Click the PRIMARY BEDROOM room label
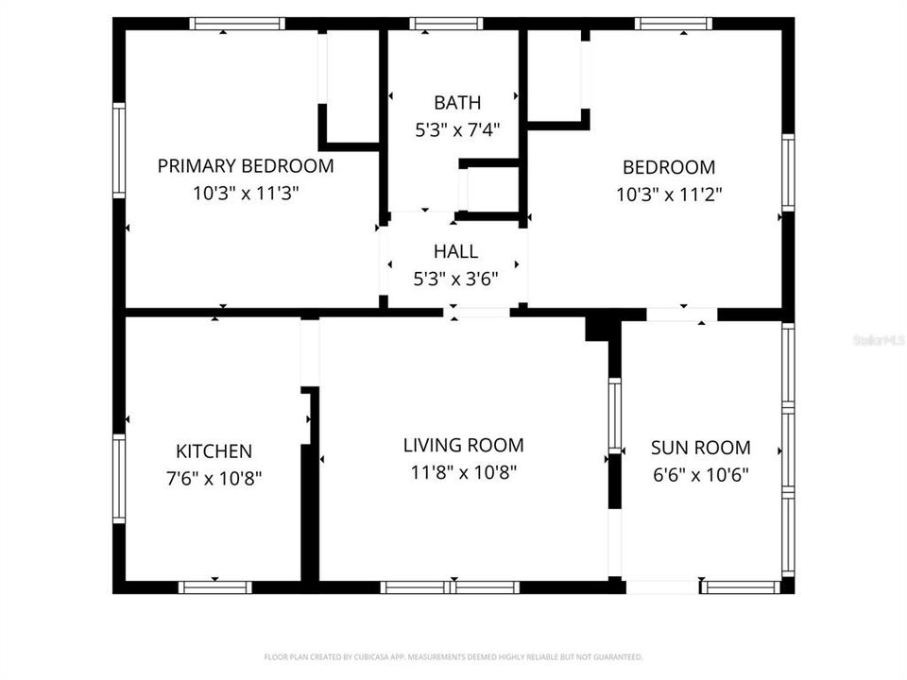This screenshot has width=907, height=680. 246,166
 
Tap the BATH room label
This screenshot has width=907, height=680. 457,103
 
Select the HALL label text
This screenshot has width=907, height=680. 455,252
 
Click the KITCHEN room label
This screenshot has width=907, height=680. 214,451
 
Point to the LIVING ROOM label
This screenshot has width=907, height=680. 463,445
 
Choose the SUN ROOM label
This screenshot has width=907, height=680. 700,448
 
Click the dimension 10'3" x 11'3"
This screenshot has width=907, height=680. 246,194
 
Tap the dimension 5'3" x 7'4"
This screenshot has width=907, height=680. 457,130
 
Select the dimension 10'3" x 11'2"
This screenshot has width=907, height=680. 669,195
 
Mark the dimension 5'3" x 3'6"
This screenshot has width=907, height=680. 455,280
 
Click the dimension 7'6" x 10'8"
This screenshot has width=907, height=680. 214,479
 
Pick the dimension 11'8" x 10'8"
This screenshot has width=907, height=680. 463,472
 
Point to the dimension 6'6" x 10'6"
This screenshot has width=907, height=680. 700,475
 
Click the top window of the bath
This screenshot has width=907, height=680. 447,24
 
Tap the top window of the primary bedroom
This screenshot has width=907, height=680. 236,24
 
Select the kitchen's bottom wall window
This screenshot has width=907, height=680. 215,586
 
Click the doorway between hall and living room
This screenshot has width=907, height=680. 477,313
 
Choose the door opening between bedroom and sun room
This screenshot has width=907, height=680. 682,314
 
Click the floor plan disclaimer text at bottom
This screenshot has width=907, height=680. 453,656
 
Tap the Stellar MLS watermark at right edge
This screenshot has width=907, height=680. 879,339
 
